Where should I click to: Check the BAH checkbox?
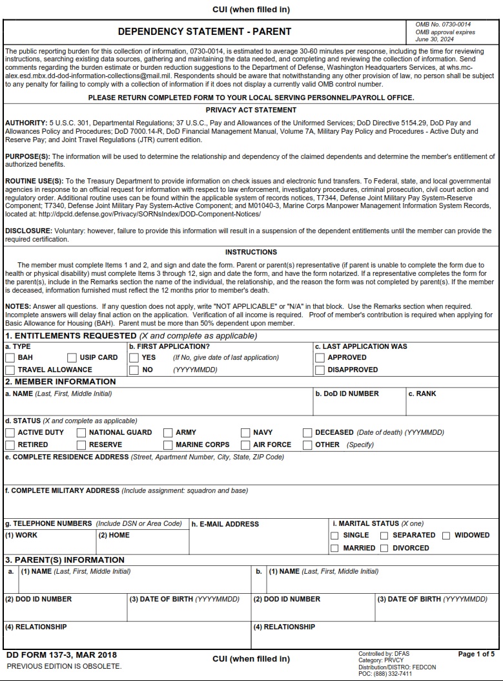(10, 358)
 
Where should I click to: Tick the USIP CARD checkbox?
(72, 358)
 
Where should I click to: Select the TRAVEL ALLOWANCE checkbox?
(10, 370)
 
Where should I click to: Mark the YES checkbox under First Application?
(134, 358)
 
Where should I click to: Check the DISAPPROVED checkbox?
(320, 370)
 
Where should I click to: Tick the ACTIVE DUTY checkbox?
(10, 433)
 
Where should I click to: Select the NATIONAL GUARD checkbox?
(81, 433)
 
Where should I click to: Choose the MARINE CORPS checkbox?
(168, 445)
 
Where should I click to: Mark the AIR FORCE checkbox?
(245, 445)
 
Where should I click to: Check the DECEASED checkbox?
(307, 433)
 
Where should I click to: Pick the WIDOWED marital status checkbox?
(446, 536)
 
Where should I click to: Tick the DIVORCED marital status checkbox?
(384, 549)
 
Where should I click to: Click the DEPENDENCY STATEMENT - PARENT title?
(205, 31)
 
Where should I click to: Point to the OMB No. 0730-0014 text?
(443, 25)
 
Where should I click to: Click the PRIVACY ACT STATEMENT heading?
(251, 110)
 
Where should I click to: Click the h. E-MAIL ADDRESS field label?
(225, 524)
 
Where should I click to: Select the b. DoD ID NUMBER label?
(347, 393)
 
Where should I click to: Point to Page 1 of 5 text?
(476, 655)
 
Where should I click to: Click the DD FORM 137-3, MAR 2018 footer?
(61, 655)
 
